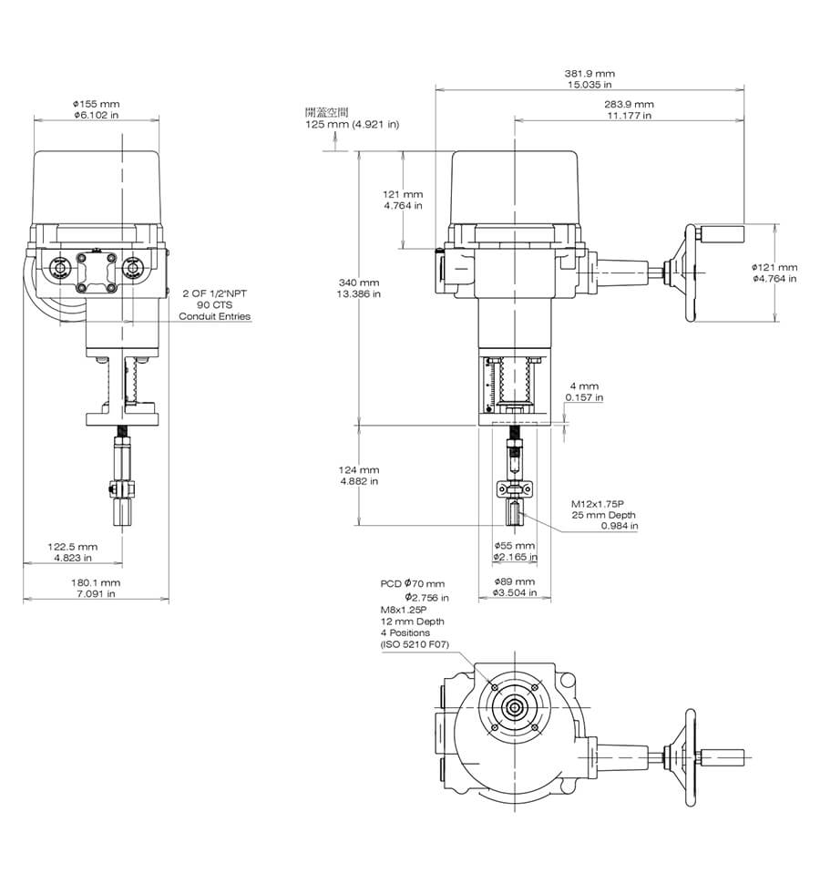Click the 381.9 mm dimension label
tap(589, 73)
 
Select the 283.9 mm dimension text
tap(629, 104)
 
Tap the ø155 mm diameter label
tap(96, 104)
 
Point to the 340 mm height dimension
tap(359, 283)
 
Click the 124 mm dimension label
tap(359, 469)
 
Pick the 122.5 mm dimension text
tap(73, 546)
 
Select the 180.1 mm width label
tap(96, 582)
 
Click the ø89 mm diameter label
tap(515, 581)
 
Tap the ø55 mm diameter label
tap(515, 545)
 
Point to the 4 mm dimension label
tap(584, 386)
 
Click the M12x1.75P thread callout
tap(598, 504)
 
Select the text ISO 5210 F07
tap(415, 643)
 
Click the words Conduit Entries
tap(215, 316)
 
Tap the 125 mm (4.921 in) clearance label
tap(353, 124)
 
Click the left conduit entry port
tap(59, 268)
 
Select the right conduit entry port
tap(133, 268)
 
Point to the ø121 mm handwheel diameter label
tap(775, 267)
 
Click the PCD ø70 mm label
tap(413, 583)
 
